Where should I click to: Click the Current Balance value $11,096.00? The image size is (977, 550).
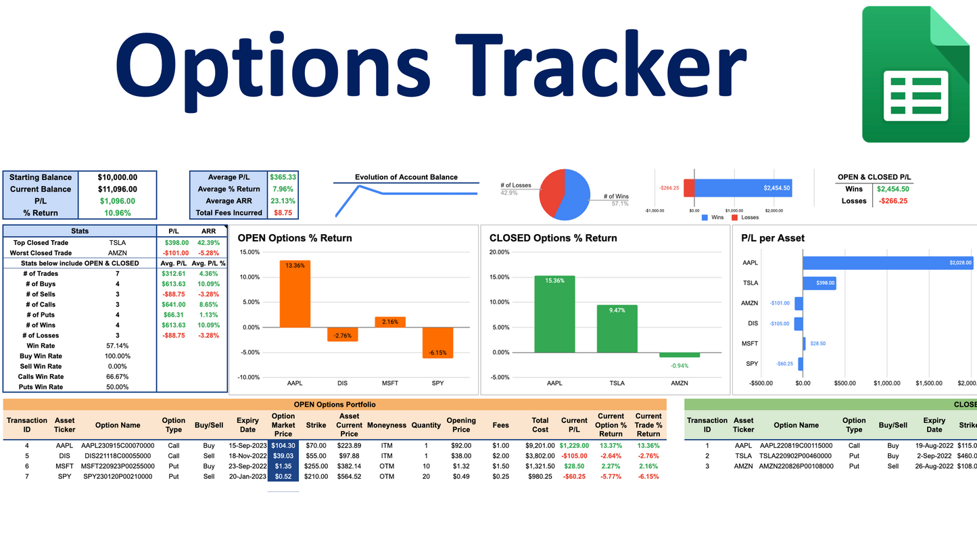click(117, 189)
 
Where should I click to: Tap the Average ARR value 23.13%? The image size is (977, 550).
click(283, 201)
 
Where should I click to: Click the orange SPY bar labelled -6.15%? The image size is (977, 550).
click(437, 342)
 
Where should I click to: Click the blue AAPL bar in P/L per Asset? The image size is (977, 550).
click(887, 262)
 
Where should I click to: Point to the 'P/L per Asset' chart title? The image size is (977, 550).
click(773, 238)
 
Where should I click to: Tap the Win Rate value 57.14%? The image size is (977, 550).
click(117, 346)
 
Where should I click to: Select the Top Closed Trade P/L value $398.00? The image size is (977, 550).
click(175, 242)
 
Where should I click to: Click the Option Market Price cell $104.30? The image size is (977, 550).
click(283, 446)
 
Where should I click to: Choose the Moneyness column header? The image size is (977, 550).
click(387, 426)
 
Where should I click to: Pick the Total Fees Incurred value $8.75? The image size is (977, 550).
click(283, 212)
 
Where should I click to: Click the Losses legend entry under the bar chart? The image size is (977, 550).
click(746, 217)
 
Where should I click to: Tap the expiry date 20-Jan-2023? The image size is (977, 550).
click(247, 476)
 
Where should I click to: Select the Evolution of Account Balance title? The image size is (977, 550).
click(406, 177)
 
